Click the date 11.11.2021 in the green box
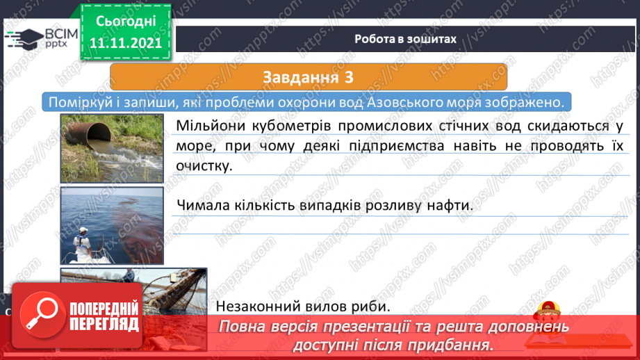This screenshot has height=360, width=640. point(126,43)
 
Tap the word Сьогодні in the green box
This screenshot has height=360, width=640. point(126,22)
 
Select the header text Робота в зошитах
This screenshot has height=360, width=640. point(405,39)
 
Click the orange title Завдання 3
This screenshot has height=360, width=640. point(308,77)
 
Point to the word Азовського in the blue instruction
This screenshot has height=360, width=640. point(405,102)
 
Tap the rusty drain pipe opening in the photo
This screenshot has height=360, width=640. point(99,133)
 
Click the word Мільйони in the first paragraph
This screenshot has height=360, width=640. point(211,126)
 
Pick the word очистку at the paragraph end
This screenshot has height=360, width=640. point(204,165)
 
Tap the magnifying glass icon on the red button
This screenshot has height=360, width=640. point(42,314)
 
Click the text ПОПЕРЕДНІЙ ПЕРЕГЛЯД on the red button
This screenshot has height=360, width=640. point(104,317)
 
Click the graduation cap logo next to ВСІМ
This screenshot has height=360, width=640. point(24,39)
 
